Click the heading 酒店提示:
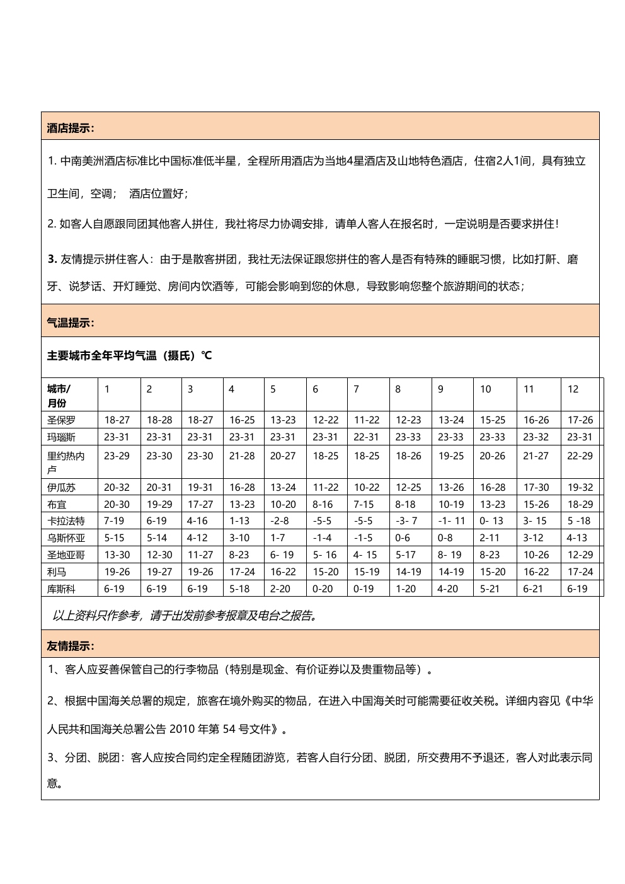point(71,129)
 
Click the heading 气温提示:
point(71,323)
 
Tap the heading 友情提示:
point(71,646)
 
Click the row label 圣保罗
point(61,420)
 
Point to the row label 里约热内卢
point(66,462)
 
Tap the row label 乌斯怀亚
point(66,538)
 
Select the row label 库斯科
point(61,589)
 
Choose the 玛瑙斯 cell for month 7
point(367,437)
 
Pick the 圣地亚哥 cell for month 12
point(580,555)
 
